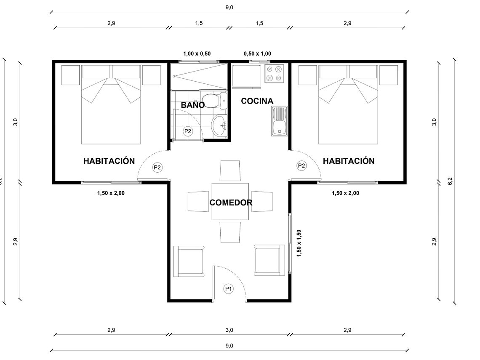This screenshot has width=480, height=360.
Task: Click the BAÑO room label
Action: pyautogui.click(x=193, y=105)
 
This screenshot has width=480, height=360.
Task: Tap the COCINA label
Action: pyautogui.click(x=257, y=101)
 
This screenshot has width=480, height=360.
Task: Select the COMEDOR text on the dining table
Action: pyautogui.click(x=231, y=203)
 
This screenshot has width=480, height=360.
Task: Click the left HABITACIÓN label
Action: pyautogui.click(x=109, y=161)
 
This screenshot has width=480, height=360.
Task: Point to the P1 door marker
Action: pyautogui.click(x=229, y=289)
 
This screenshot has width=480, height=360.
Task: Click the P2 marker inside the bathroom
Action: pyautogui.click(x=188, y=131)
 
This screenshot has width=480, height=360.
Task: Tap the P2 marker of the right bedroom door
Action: pyautogui.click(x=301, y=165)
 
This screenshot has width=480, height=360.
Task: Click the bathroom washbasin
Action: pyautogui.click(x=219, y=125)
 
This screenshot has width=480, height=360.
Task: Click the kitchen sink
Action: pyautogui.click(x=279, y=121)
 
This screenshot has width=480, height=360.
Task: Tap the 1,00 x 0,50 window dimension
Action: pyautogui.click(x=197, y=53)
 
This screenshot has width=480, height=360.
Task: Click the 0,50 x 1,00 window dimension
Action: pyautogui.click(x=257, y=53)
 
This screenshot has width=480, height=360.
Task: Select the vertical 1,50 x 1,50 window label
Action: pyautogui.click(x=299, y=243)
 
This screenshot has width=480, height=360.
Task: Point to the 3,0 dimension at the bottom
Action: pyautogui.click(x=229, y=330)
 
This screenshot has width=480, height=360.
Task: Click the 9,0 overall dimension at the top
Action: pyautogui.click(x=229, y=7)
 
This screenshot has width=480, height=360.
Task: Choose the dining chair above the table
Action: pyautogui.click(x=230, y=171)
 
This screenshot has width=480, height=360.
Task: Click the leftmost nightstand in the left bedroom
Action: pyautogui.click(x=71, y=75)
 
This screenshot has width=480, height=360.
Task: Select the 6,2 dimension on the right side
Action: pyautogui.click(x=450, y=181)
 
